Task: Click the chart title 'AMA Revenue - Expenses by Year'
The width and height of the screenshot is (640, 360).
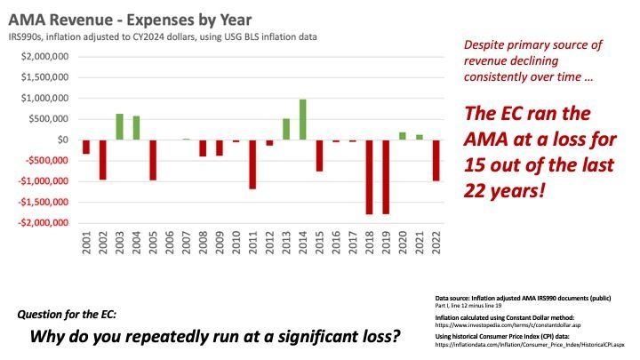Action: tap(130, 19)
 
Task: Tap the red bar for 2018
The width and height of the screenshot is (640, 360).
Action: tap(370, 177)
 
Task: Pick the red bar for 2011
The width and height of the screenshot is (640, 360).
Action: tap(252, 164)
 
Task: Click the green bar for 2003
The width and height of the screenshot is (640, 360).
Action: tap(119, 127)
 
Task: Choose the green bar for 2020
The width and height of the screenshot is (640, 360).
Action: tap(403, 136)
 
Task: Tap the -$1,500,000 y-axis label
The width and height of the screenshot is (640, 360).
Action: tap(36, 202)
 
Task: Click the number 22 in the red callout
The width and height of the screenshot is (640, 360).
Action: tap(476, 189)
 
